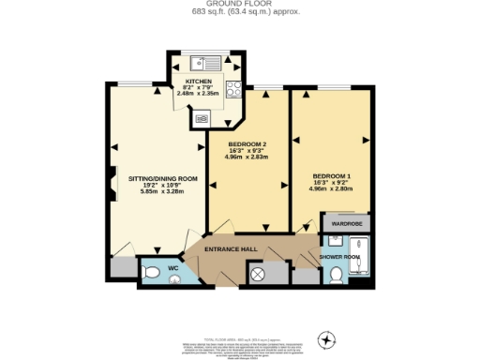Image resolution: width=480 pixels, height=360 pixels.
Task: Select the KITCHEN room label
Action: [198, 82]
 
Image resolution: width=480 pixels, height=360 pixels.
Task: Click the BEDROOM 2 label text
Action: [247, 143]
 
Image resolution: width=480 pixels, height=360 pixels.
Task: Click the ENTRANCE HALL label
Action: [232, 248]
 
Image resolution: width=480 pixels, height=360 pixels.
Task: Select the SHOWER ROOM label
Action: [339, 257]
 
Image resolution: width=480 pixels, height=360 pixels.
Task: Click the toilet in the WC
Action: [153, 273]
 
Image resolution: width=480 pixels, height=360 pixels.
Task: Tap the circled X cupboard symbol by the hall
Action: [258, 274]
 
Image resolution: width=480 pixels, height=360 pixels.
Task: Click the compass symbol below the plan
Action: [327, 339]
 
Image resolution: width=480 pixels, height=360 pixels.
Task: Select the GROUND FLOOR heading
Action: [239, 4]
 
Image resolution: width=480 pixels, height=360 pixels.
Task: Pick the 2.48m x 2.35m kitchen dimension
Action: [198, 94]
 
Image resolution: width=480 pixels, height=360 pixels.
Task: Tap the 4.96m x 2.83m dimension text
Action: [247, 157]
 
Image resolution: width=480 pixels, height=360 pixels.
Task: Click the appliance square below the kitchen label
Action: [202, 118]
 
